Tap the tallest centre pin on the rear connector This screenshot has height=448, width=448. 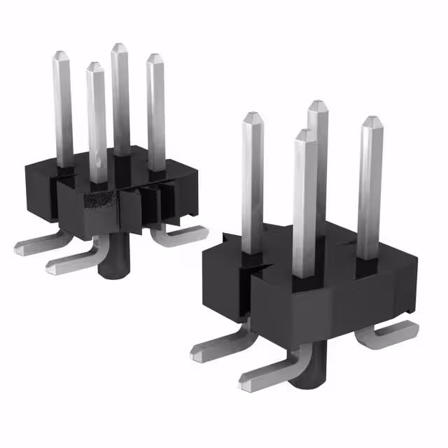coord(120,98)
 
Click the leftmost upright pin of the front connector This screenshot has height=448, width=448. coord(253,182)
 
